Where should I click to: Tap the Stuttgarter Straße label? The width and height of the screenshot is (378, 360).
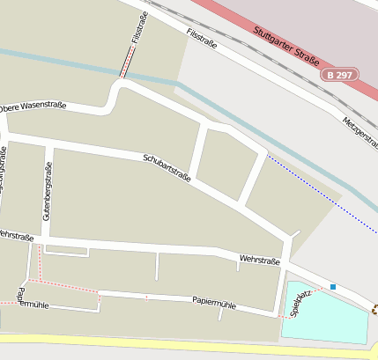[285, 44]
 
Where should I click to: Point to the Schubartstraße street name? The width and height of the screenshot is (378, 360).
[167, 167]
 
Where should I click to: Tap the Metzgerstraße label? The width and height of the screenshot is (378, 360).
[361, 133]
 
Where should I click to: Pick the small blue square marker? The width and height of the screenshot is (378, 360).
[333, 286]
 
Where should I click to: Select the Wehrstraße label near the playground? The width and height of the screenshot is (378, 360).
[259, 261]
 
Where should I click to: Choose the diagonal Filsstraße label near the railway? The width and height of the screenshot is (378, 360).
[202, 36]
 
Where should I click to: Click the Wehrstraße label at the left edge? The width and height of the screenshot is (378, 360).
[16, 236]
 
